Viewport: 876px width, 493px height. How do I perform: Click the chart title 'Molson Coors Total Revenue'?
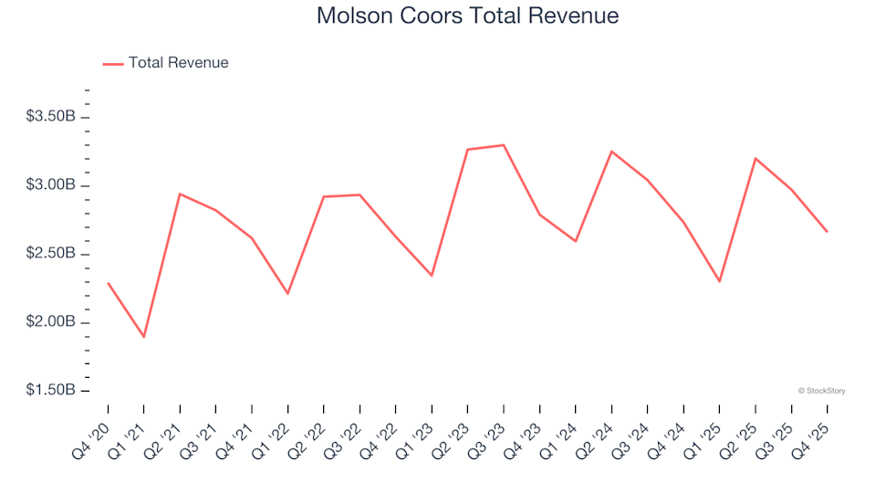coord(467,16)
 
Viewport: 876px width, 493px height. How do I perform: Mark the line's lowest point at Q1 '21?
coord(144,337)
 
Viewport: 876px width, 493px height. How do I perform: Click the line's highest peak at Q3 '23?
coord(504,145)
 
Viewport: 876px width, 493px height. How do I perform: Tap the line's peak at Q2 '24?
coord(611,152)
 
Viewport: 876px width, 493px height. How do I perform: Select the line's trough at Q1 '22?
coord(287,293)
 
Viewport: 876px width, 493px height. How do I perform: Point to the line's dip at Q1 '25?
coord(719,281)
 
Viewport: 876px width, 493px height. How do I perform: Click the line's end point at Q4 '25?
coord(827,232)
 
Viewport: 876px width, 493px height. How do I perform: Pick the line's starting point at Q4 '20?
coord(108,283)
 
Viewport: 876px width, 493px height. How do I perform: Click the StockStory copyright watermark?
coord(821,391)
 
